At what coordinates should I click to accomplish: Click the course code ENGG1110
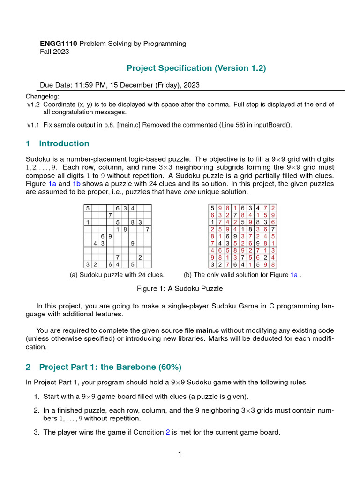click(x=59, y=44)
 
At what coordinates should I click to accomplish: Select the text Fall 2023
click(x=54, y=52)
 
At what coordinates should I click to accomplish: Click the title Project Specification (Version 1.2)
click(x=196, y=68)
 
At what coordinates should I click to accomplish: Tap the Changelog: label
click(x=43, y=96)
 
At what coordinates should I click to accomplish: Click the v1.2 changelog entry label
click(x=33, y=105)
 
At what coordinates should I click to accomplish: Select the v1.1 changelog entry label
click(x=33, y=125)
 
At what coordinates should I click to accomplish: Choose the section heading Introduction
click(x=64, y=143)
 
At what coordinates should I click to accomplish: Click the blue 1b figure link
click(x=76, y=184)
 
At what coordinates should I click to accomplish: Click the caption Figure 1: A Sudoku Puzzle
click(x=180, y=288)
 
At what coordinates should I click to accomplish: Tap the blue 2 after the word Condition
click(x=168, y=432)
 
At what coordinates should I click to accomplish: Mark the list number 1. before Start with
click(x=37, y=396)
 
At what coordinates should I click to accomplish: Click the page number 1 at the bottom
click(x=180, y=454)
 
